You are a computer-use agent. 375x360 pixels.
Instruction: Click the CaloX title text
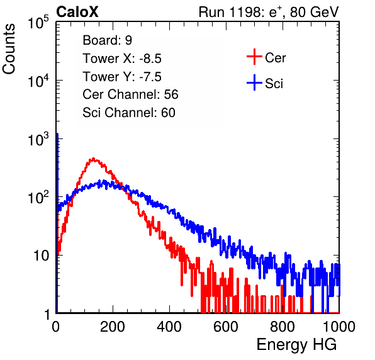coord(77,11)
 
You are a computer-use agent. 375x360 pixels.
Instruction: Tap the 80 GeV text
coord(314,12)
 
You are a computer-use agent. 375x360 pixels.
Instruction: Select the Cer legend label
coord(275,58)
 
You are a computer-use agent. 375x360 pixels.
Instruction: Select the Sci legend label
coord(274,84)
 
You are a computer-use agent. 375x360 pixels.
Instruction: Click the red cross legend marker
coord(254,57)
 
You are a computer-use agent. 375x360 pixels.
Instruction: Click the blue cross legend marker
coord(254,83)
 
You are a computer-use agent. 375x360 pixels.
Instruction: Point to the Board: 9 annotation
coord(107,40)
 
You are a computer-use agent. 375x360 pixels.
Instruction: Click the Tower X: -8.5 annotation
coord(122,59)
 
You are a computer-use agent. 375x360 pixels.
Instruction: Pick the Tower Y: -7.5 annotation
coord(122,77)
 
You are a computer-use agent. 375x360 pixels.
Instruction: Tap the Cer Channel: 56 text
coord(130,94)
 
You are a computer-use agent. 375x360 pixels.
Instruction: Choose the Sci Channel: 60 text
coord(129,113)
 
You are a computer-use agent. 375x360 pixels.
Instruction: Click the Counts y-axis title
coord(9,49)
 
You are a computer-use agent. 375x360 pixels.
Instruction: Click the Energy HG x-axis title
coord(296,345)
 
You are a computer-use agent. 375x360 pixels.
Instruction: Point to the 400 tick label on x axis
coord(169,327)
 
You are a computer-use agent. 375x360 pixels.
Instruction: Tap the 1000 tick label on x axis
coord(339,327)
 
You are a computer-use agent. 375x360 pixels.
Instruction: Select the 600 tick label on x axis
coord(226,327)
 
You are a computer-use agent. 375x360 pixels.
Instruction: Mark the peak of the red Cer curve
coord(93,159)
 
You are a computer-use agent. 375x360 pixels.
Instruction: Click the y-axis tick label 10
coord(41,256)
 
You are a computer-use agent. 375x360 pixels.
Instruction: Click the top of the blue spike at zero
coord(57,133)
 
